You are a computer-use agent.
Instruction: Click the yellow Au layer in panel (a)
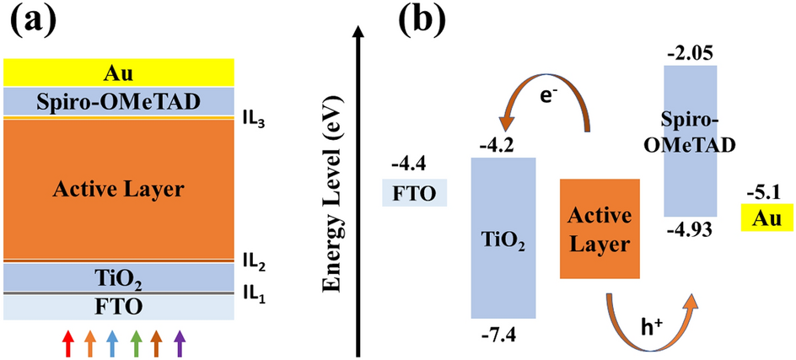pyautogui.click(x=119, y=73)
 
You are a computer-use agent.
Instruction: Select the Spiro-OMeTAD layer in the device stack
pyautogui.click(x=119, y=102)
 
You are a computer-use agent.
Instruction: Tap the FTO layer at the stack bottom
pyautogui.click(x=119, y=306)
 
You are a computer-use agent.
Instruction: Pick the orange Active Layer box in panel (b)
pyautogui.click(x=599, y=228)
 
